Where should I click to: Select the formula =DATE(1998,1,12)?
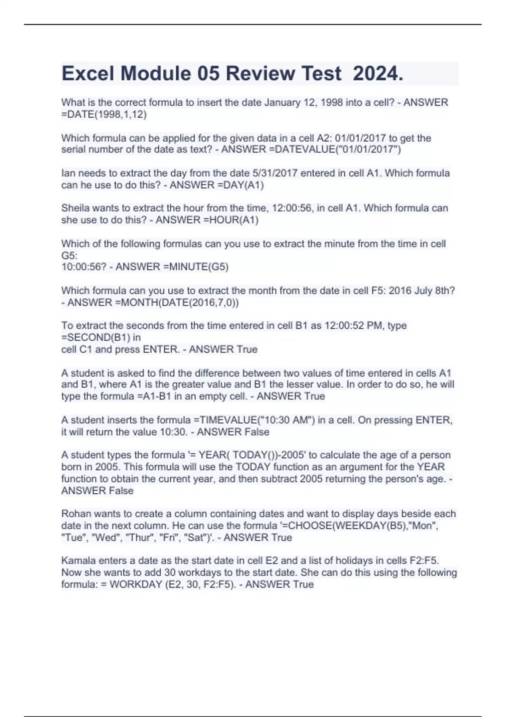pos(104,114)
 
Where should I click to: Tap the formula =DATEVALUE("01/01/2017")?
pos(335,149)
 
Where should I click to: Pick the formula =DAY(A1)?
pos(240,185)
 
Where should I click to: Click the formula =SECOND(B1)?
pos(96,337)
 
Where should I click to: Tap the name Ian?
pos(67,173)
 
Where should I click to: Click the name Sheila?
pos(75,208)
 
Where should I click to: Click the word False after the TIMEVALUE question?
pos(256,432)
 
